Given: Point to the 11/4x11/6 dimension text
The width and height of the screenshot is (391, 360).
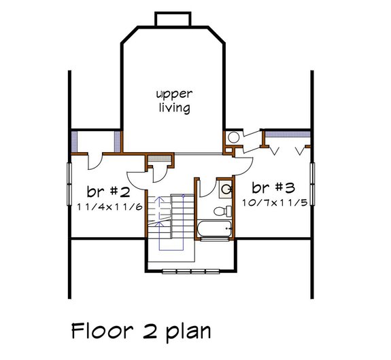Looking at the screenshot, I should (x=108, y=206).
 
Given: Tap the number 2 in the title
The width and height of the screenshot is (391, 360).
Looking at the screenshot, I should (x=148, y=331).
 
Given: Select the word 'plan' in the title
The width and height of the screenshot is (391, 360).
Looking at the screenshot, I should (x=186, y=333).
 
